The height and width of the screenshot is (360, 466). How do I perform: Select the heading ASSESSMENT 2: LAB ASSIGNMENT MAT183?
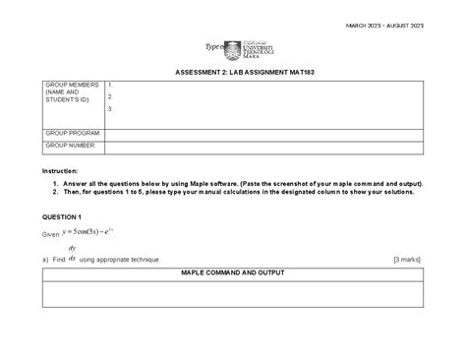coord(233,72)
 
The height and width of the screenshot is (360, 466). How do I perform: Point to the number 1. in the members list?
coord(111,86)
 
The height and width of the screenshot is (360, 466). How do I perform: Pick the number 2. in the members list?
coord(111,97)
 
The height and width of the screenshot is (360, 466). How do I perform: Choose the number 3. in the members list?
coord(111,109)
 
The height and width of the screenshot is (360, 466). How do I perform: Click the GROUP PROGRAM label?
coord(72,132)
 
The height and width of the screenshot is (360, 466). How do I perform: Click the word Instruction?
coord(59,170)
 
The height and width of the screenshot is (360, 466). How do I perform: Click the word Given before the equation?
coord(50,236)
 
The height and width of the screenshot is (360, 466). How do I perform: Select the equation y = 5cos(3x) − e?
coord(87,234)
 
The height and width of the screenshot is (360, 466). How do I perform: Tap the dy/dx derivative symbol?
coord(72,254)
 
